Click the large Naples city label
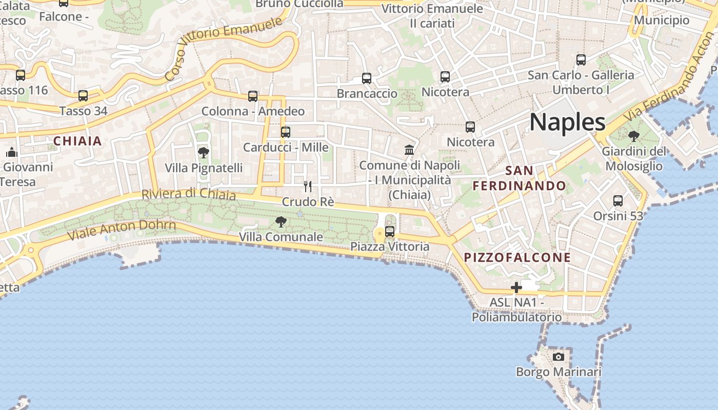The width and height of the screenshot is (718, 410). point(567,122)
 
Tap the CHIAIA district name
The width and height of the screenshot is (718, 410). point(78,141)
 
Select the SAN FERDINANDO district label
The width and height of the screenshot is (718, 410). point(519,178)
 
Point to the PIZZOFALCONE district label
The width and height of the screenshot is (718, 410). point(517,257)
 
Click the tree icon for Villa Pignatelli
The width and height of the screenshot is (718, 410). point(204,152)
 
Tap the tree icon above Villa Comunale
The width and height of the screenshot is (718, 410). point(281,222)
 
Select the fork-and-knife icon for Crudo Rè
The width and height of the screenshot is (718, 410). point(308,186)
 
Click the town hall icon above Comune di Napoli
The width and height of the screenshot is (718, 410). point(409,150)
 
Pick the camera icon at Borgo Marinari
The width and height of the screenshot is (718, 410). point(559,356)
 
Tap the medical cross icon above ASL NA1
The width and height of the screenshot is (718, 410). point(516,287)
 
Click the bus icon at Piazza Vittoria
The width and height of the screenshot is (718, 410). point(390,231)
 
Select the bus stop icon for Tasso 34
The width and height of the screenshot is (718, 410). point(83,95)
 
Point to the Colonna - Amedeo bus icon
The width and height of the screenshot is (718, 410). point(253,96)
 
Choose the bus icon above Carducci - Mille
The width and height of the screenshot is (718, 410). point(286,132)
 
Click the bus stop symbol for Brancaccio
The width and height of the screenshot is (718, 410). point(367,78)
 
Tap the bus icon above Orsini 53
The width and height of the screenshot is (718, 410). point(618,200)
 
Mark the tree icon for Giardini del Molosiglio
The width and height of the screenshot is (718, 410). point(634,136)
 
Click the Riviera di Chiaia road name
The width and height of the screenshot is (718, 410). point(188,195)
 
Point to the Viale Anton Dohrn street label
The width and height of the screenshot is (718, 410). point(122,230)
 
